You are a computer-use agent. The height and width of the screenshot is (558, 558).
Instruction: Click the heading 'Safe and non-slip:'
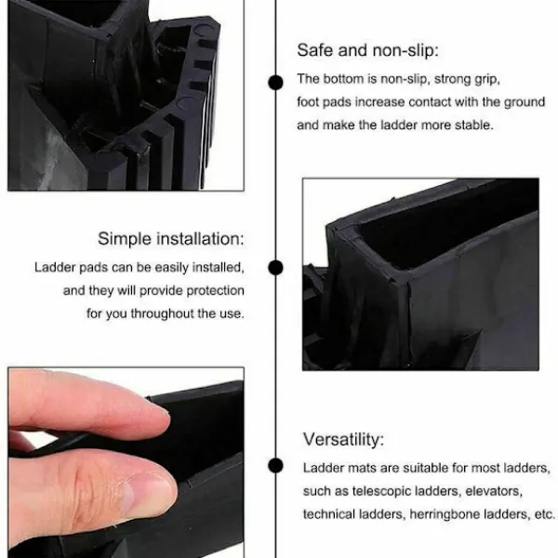367,50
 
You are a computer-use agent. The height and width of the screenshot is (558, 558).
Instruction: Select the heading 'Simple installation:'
171,238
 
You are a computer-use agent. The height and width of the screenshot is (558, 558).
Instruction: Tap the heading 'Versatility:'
343,439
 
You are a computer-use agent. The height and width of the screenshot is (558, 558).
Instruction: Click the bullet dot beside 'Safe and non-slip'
275,83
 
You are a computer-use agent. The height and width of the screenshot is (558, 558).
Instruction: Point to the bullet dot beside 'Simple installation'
275,267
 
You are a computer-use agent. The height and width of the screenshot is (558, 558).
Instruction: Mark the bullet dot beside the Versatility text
275,466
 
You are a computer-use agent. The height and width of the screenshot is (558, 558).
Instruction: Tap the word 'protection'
216,291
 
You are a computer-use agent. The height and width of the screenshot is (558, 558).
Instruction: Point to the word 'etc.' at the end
544,514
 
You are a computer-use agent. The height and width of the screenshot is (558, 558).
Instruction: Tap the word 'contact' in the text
430,102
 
